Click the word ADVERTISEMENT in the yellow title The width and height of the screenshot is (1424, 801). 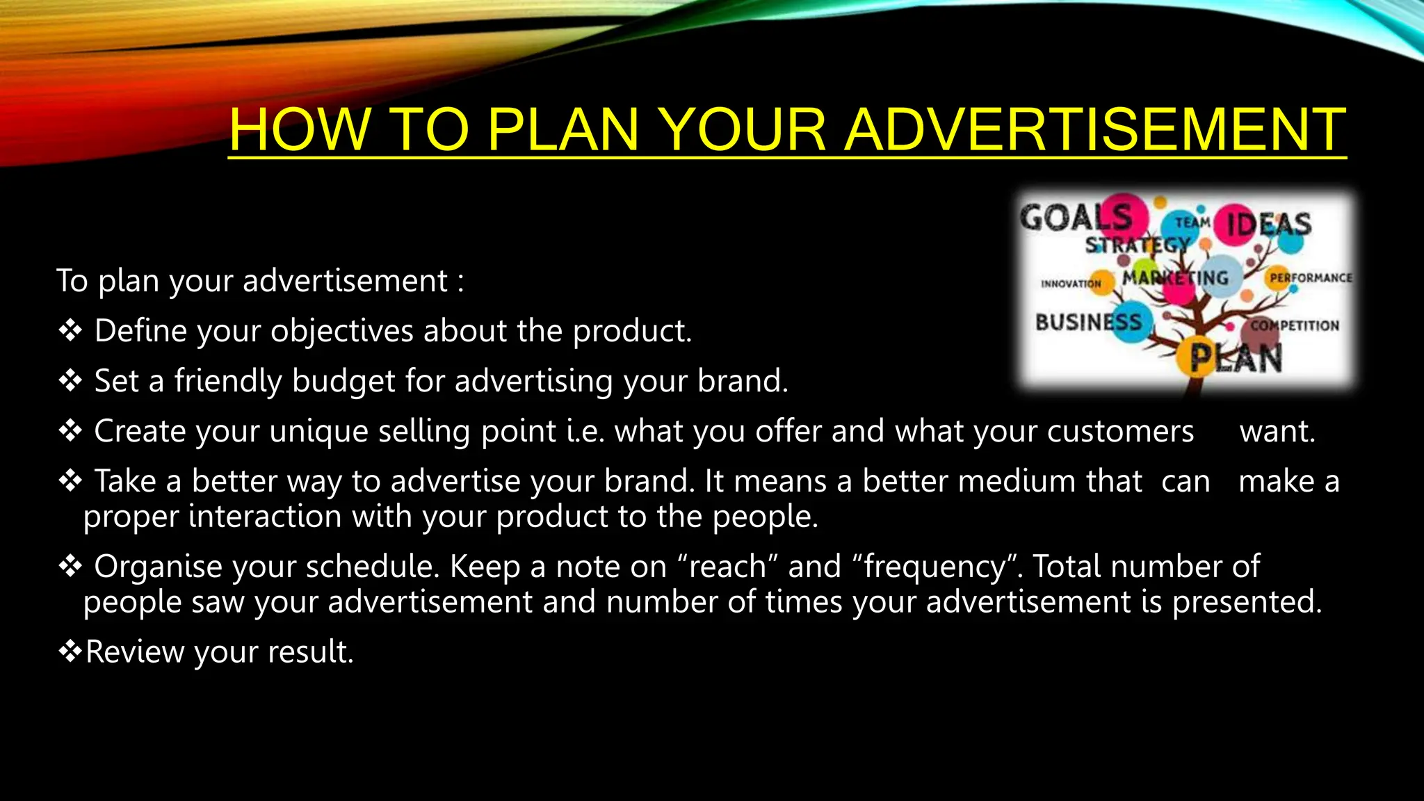click(x=1094, y=129)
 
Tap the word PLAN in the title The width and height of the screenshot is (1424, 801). click(x=562, y=129)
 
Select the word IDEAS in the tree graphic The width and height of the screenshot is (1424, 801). click(x=1268, y=225)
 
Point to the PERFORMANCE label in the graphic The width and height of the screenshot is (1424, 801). click(x=1311, y=277)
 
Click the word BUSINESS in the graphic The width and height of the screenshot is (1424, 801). click(x=1088, y=323)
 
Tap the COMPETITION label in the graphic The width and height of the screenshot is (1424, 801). click(x=1295, y=325)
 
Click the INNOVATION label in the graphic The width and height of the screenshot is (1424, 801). click(x=1070, y=284)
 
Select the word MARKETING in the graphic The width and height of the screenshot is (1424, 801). click(x=1175, y=278)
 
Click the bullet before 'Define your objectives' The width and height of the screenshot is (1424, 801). click(x=70, y=331)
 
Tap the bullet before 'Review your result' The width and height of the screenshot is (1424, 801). click(x=70, y=652)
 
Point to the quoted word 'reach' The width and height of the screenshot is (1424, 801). click(x=727, y=567)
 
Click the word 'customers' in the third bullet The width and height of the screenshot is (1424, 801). click(x=1120, y=431)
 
